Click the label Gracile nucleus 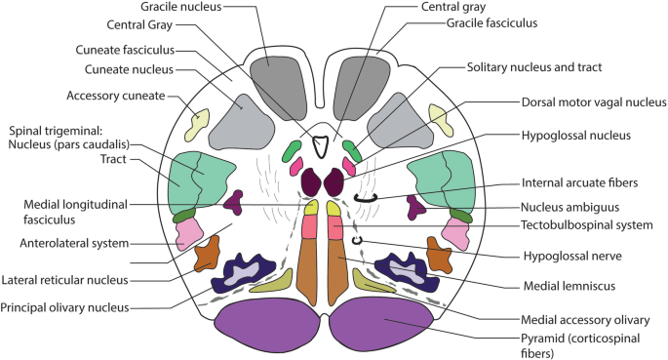(181, 7)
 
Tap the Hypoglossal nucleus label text (576, 136)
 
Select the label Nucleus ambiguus (570, 208)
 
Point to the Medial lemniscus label (570, 286)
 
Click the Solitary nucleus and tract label (534, 67)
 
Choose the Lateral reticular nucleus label (64, 280)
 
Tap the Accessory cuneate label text (115, 96)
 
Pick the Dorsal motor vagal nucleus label (594, 102)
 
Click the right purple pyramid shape (381, 323)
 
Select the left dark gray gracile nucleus (278, 89)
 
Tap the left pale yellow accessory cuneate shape (197, 125)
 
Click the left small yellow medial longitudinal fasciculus (311, 208)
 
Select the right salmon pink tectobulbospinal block (334, 227)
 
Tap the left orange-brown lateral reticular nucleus (208, 253)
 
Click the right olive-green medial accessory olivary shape (373, 281)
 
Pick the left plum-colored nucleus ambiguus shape (234, 202)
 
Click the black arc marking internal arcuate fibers (366, 199)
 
